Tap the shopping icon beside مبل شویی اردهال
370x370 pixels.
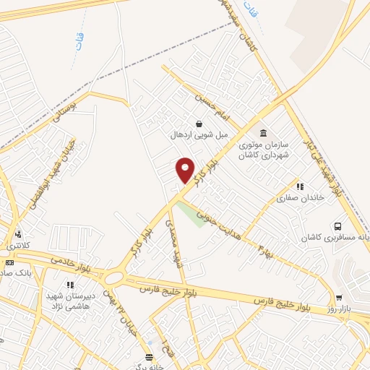click(199, 123)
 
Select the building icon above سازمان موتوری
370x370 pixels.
click(262, 133)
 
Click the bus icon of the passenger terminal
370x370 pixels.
click(338, 226)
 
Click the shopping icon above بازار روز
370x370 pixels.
click(339, 297)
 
